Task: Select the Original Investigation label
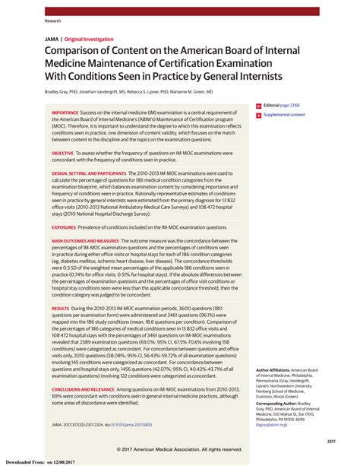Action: click(x=88, y=39)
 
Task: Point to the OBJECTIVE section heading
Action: click(x=68, y=153)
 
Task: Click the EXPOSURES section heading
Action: click(x=67, y=227)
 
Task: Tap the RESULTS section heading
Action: click(x=61, y=309)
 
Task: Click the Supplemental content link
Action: click(x=283, y=115)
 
